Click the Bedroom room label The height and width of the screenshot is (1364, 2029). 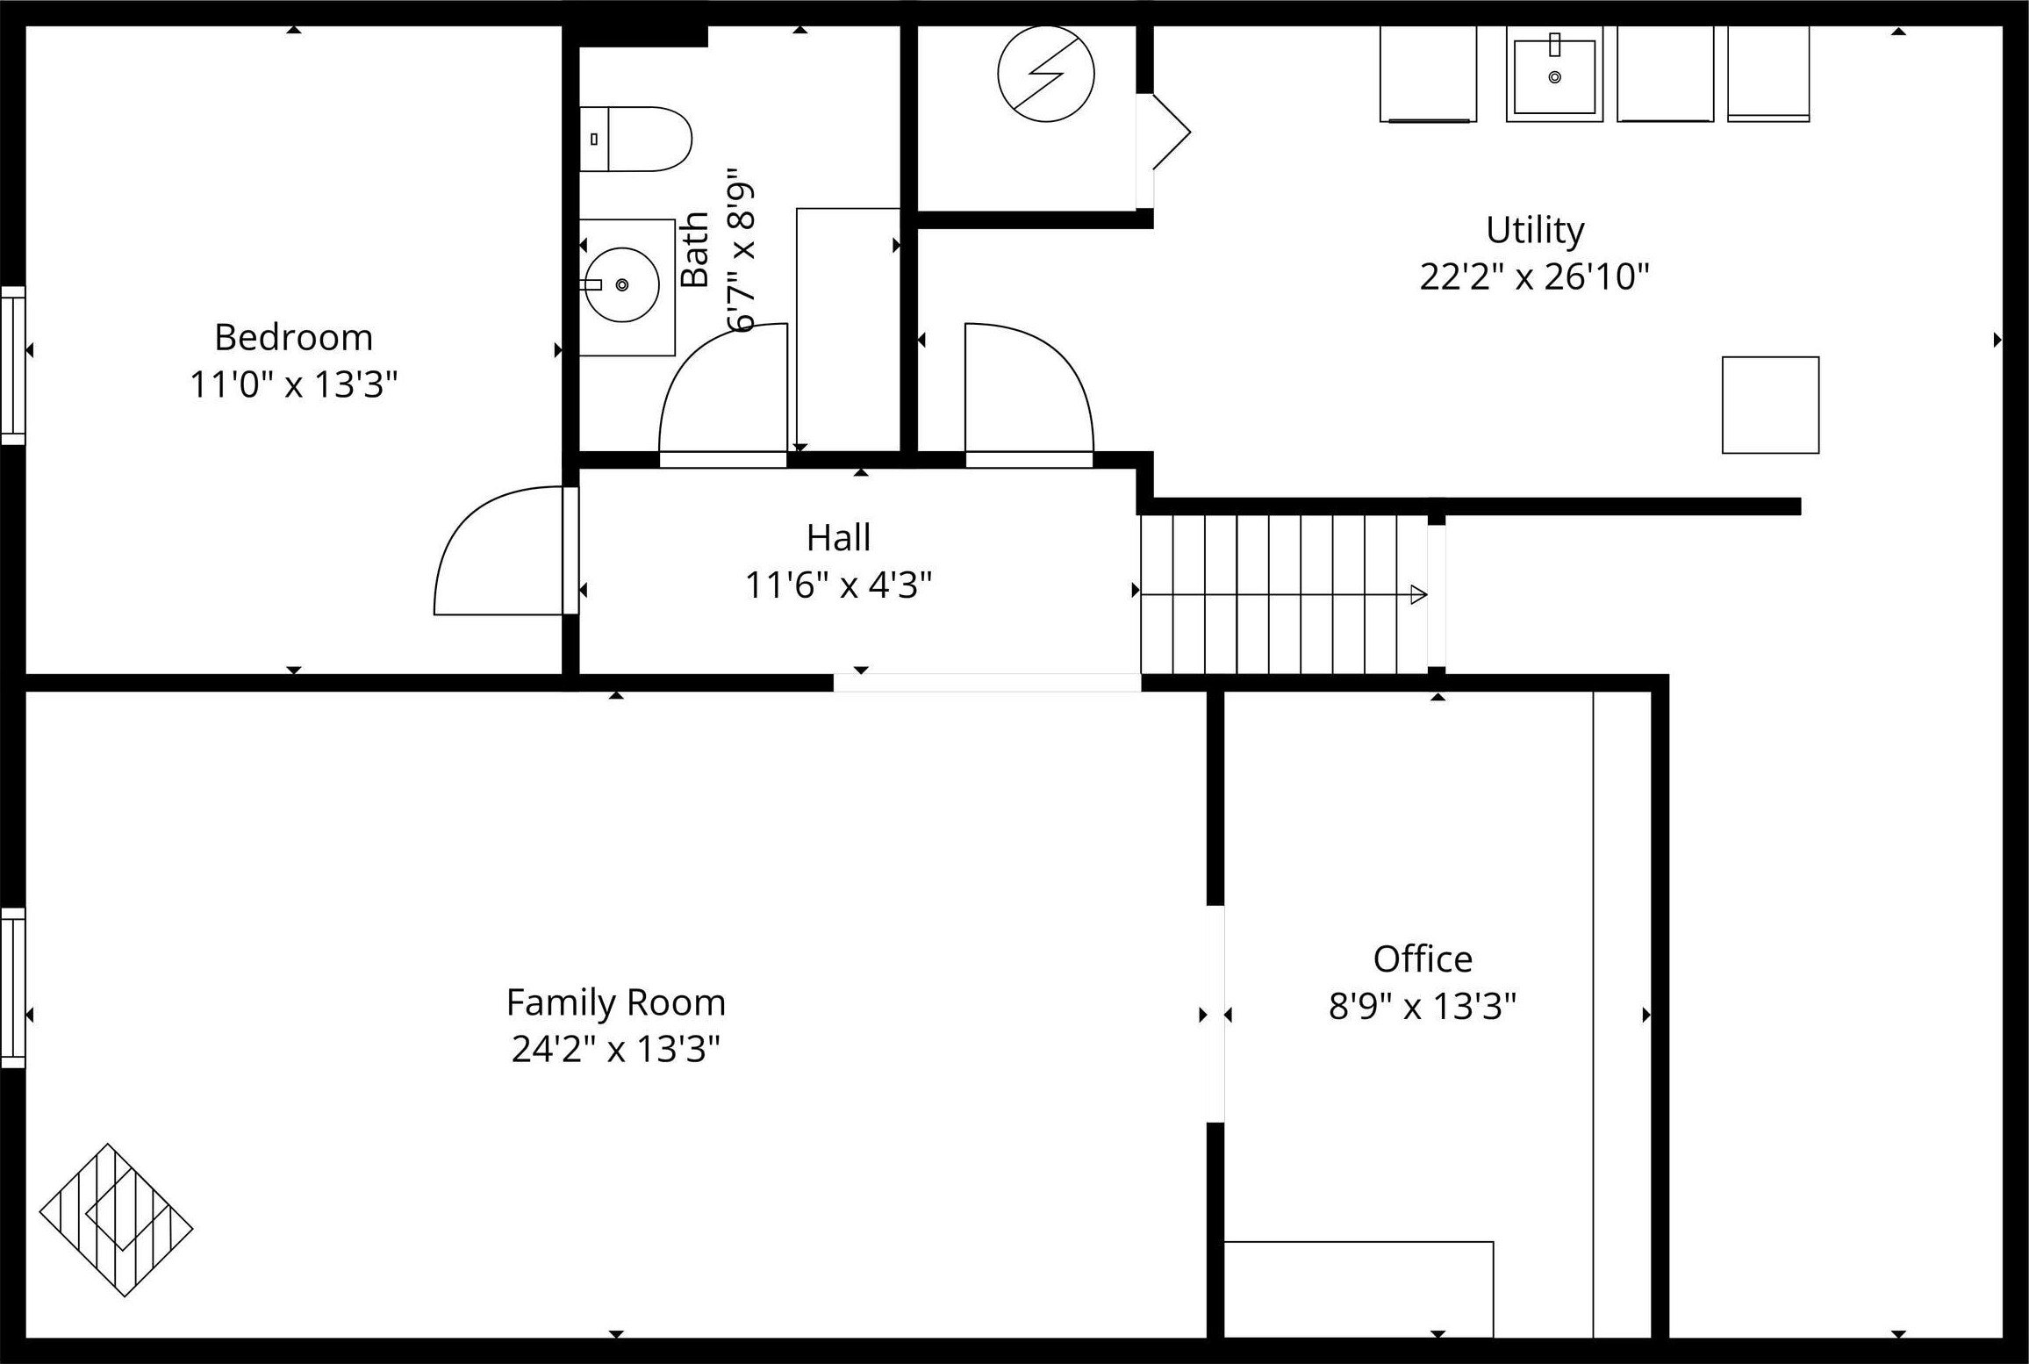coord(293,338)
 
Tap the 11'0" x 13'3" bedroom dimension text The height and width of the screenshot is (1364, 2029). coord(293,384)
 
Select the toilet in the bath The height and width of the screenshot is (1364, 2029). coord(637,139)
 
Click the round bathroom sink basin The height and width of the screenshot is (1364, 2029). coord(621,284)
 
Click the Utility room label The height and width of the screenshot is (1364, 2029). coord(1535,230)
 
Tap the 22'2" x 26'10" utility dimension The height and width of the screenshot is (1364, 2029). coord(1535,277)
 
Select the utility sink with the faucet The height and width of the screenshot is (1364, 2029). coord(1554,75)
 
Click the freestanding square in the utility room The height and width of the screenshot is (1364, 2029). coord(1770,405)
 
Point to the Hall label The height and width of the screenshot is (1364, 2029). coord(838,538)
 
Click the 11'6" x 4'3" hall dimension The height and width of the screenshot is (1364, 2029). coord(838,585)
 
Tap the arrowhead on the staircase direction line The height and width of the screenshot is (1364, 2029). coord(1418,595)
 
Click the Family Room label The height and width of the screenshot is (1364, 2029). coord(616,1002)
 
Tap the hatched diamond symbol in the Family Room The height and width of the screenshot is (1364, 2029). coord(116,1220)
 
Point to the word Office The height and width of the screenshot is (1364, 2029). coord(1423,959)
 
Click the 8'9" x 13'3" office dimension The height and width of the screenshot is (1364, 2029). coord(1423,1007)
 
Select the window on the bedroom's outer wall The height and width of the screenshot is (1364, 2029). coord(12,365)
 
